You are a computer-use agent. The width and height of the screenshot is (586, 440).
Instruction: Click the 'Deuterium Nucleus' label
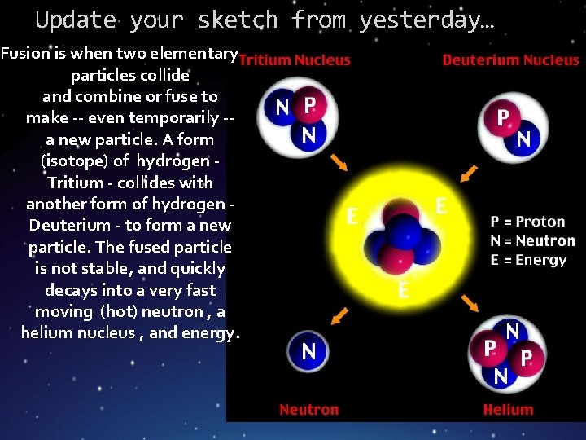pos(510,59)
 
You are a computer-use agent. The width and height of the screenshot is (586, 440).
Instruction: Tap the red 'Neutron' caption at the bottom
pos(308,410)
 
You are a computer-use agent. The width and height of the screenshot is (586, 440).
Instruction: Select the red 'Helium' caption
pos(508,410)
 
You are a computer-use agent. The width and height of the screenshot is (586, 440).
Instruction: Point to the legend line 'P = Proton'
pos(527,221)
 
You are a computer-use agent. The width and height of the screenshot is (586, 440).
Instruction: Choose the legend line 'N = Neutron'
pos(532,240)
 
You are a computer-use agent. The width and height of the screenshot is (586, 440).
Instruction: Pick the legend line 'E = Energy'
pos(528,260)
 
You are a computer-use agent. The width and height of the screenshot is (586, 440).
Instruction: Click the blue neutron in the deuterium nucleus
pos(524,140)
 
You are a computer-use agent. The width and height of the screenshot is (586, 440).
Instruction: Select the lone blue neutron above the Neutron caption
pos(308,351)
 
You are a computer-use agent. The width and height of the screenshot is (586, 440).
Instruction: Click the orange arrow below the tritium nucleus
pos(339,163)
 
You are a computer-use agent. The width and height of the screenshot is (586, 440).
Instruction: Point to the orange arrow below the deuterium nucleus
pos(470,172)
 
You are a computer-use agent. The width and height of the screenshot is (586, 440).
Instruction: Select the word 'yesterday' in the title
pos(419,19)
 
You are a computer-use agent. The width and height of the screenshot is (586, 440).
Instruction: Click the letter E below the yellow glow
pos(403,291)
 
